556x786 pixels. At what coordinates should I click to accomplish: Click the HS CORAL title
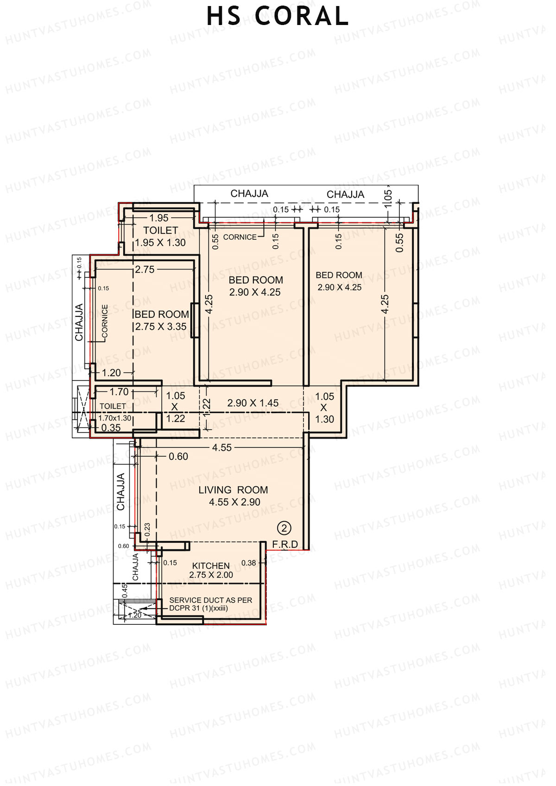[277, 17]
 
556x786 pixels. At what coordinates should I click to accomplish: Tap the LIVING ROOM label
[234, 490]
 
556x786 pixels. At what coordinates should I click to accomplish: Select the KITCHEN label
[211, 566]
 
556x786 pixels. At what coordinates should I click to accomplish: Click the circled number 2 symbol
[284, 528]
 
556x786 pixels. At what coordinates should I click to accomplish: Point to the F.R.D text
[285, 545]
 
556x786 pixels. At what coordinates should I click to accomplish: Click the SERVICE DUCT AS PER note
[210, 600]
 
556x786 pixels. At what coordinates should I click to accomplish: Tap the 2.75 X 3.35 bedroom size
[161, 327]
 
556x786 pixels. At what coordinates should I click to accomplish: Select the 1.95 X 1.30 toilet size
[160, 243]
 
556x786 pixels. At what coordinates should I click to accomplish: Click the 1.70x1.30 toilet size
[114, 418]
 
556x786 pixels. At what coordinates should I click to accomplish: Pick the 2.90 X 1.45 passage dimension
[253, 403]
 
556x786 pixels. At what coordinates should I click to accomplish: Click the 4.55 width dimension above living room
[221, 447]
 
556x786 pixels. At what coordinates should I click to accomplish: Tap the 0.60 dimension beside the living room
[178, 457]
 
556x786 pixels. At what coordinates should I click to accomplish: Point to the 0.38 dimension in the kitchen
[249, 563]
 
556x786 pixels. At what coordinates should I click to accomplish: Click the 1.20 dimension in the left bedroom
[111, 372]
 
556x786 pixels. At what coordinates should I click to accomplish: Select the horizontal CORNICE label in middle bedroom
[240, 237]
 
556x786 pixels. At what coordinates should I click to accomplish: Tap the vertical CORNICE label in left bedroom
[105, 321]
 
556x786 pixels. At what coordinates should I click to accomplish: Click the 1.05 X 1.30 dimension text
[324, 408]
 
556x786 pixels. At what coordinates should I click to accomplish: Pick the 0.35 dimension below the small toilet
[111, 428]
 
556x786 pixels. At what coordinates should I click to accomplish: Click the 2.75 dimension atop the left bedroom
[145, 270]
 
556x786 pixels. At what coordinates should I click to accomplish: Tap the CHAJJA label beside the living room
[121, 492]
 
